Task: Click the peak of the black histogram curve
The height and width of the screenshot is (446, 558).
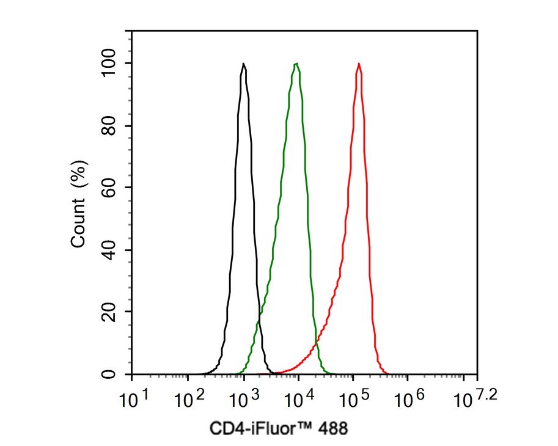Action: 243,64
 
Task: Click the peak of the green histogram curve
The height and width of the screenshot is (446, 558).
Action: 296,64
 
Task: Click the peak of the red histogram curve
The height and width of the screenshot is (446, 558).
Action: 359,64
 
